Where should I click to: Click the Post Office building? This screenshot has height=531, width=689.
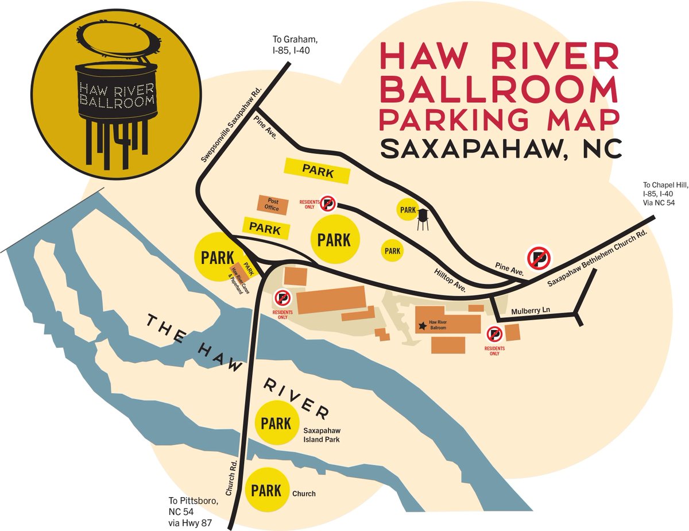click(x=272, y=205)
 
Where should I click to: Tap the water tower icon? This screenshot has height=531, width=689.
click(x=423, y=219)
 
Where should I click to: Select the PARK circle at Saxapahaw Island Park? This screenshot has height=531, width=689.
click(x=277, y=424)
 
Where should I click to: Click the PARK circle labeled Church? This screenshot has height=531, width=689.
click(x=266, y=490)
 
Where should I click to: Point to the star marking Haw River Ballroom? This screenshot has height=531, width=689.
click(x=423, y=326)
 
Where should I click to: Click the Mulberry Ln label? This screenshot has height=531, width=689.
click(x=531, y=310)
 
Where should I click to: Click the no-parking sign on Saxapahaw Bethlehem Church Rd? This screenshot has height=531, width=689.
click(x=539, y=258)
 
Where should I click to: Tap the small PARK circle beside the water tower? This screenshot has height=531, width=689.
click(x=407, y=210)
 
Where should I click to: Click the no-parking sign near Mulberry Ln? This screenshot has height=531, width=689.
click(x=494, y=334)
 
